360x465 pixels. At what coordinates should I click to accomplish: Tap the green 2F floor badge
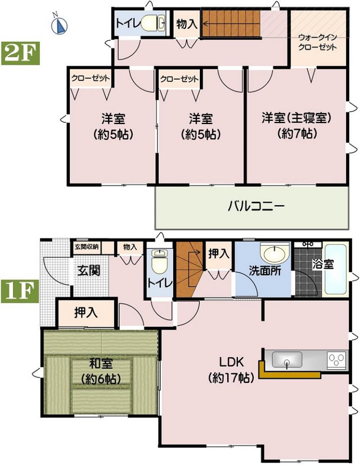21,53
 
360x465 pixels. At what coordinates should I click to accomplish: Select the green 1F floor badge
20,291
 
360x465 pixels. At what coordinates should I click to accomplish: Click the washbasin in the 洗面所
274,253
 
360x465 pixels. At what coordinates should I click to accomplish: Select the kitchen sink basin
287,359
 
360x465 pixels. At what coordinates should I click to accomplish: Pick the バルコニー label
256,206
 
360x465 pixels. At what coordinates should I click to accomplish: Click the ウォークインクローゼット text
317,42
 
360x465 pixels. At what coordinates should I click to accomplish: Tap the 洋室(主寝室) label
296,118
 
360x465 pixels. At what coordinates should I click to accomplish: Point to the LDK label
231,362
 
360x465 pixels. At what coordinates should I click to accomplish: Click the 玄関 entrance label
89,270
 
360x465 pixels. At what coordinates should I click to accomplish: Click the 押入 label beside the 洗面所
219,254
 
